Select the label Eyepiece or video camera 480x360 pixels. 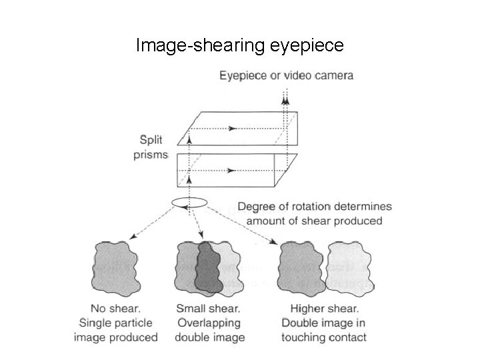(287, 75)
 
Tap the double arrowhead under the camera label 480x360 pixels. (286, 101)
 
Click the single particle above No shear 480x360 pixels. (115, 267)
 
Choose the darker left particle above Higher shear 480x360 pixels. (304, 267)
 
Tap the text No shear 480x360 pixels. (115, 309)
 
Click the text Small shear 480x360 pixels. (209, 309)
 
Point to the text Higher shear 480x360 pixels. (325, 309)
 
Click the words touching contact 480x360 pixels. (325, 337)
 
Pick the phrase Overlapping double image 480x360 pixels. (209, 330)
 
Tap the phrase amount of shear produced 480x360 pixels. (315, 221)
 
